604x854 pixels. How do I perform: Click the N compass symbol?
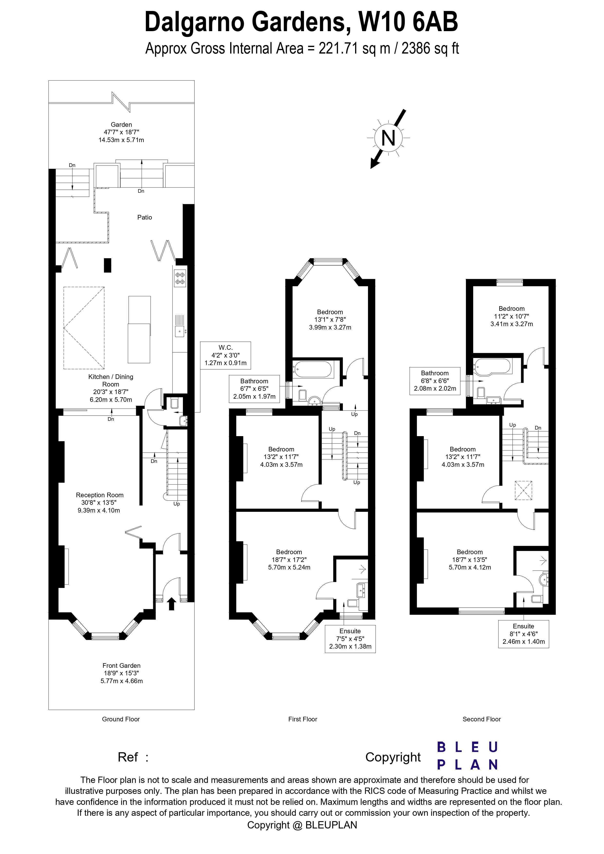click(388, 138)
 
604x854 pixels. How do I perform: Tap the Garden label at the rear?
click(121, 132)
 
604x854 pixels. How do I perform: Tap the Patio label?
click(144, 217)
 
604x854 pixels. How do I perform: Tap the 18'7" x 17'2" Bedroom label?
click(289, 560)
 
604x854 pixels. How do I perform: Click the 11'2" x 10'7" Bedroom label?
click(511, 316)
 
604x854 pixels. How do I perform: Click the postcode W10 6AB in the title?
click(408, 22)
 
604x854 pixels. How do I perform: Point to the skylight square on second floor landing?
click(523, 490)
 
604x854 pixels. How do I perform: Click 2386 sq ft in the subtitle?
click(430, 49)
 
